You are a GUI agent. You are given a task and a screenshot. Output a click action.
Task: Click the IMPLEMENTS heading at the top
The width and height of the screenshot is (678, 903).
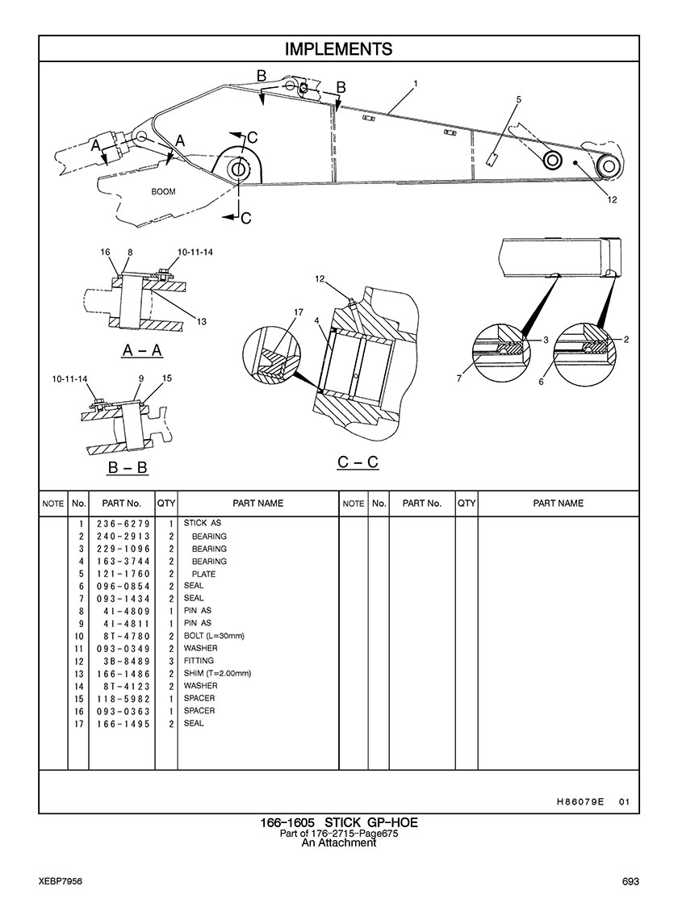click(x=339, y=49)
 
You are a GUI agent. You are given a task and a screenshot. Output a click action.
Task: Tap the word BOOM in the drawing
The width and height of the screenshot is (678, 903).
click(x=164, y=192)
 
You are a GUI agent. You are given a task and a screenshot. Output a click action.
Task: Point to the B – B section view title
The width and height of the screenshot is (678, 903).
click(x=128, y=467)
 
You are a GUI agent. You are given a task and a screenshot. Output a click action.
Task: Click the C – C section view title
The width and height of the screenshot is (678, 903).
click(x=358, y=462)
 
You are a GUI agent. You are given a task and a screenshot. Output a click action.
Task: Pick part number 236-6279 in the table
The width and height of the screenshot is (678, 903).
click(x=123, y=524)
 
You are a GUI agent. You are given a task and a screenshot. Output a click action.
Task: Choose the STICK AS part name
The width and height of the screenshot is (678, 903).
click(x=203, y=523)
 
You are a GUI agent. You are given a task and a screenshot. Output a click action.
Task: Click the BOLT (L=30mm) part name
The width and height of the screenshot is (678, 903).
click(x=214, y=636)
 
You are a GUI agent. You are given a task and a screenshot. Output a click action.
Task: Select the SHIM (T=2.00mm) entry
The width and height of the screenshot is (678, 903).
click(x=217, y=673)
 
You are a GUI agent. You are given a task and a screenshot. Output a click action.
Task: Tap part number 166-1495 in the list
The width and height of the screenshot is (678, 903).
click(x=123, y=724)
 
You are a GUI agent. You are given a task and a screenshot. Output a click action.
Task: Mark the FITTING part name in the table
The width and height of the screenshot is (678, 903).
click(x=199, y=661)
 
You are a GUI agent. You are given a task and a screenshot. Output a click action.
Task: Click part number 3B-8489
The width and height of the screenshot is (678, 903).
click(x=127, y=661)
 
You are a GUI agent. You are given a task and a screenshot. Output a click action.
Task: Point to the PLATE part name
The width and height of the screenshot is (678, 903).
click(x=204, y=574)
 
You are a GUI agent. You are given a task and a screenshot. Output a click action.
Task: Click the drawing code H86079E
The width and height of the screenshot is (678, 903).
click(x=580, y=801)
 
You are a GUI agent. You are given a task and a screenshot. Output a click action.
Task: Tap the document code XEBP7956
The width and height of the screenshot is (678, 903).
click(x=61, y=882)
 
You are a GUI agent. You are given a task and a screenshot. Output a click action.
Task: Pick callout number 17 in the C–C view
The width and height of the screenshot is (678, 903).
click(x=299, y=313)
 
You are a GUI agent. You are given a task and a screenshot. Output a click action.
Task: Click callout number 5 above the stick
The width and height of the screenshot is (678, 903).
click(x=518, y=99)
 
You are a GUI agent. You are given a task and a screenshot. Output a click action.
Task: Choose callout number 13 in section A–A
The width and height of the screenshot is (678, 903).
click(x=202, y=321)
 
